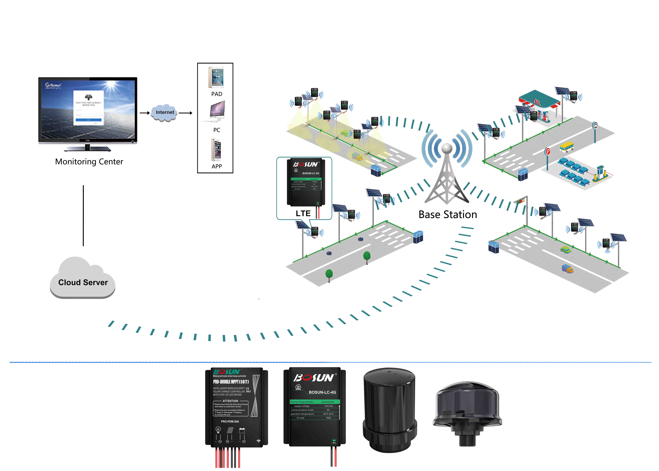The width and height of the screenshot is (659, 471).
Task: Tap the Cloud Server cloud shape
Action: coord(83,280)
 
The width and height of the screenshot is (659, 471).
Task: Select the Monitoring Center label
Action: coord(89,162)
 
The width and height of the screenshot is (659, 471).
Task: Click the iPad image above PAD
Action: coord(216,77)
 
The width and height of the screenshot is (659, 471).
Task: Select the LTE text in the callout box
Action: coord(303,213)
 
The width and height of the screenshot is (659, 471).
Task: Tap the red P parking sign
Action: coord(547,151)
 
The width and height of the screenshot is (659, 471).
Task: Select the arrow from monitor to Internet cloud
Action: coord(145,113)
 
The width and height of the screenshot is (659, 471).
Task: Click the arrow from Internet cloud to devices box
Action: coord(185,113)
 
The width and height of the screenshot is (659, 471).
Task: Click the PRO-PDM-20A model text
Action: coord(230,421)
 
